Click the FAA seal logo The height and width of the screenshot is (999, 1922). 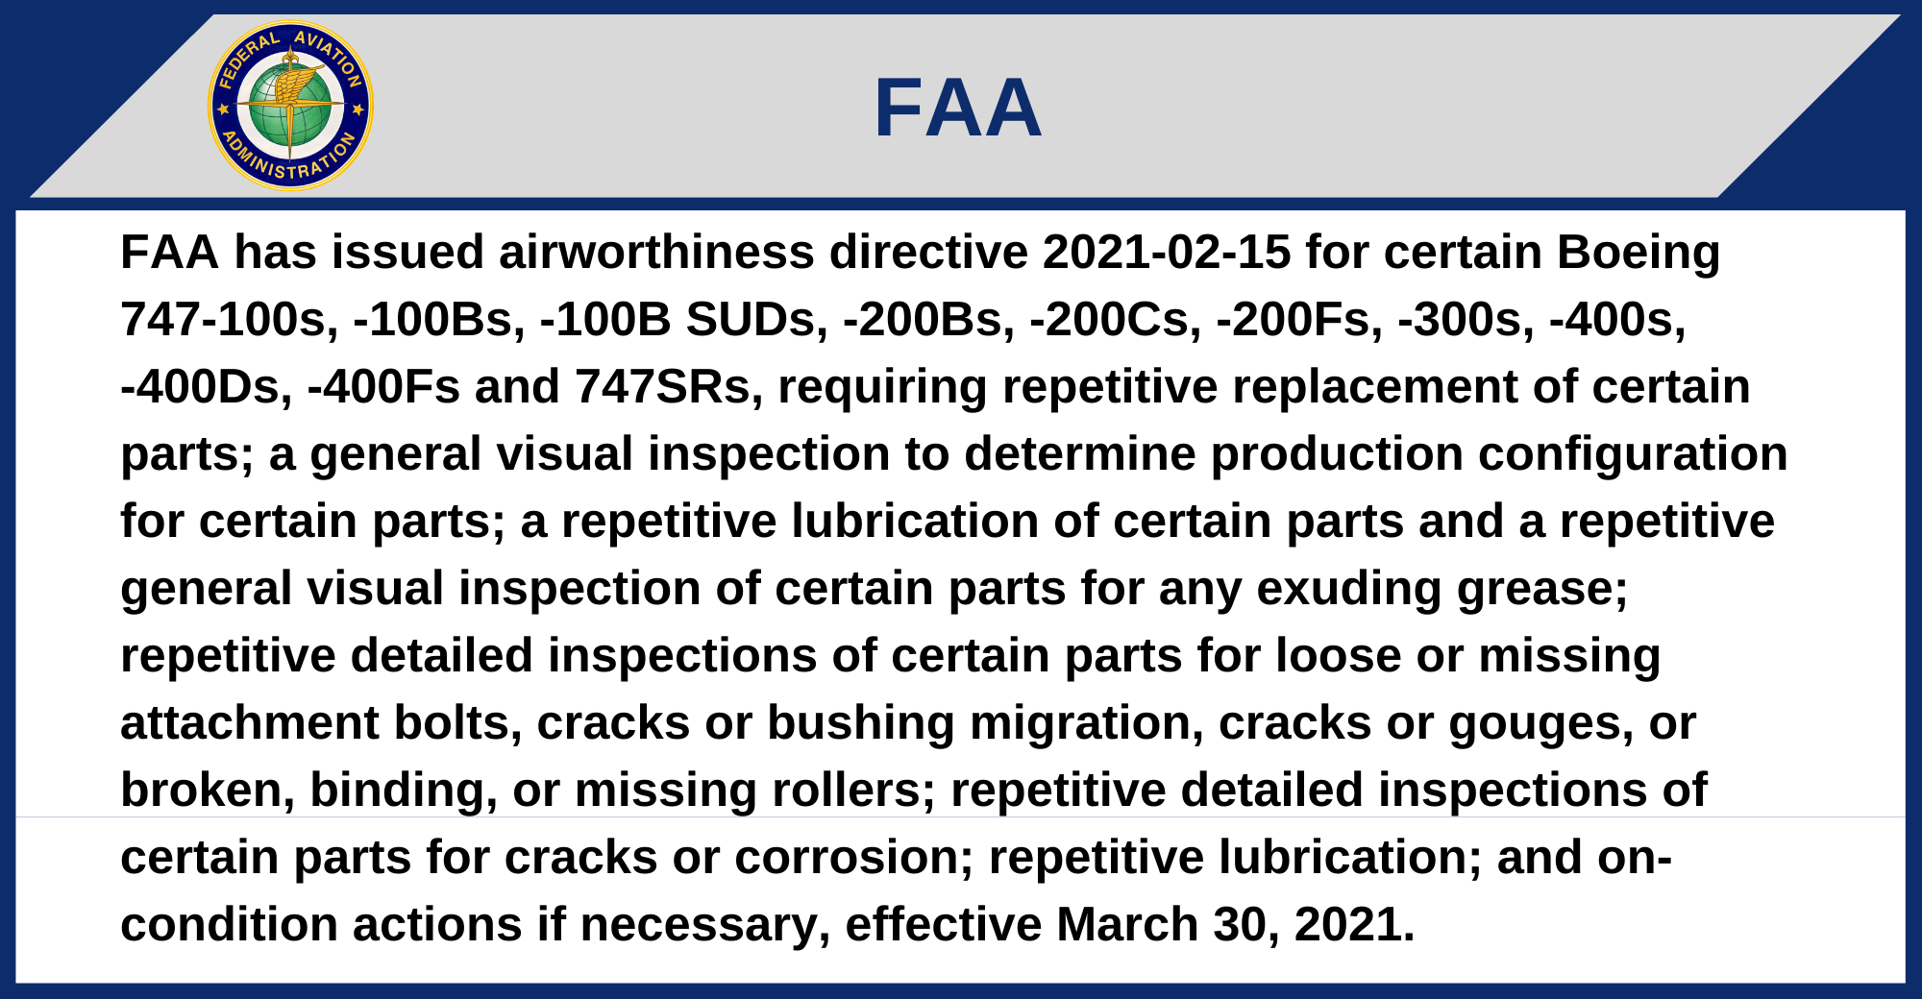(290, 106)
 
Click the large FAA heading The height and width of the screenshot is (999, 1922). (958, 109)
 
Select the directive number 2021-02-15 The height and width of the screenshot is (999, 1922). (1167, 253)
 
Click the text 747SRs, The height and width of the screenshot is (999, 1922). (669, 387)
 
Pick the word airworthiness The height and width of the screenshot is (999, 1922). (656, 253)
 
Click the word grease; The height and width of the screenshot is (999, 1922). (1542, 590)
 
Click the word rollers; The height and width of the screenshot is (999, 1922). (854, 791)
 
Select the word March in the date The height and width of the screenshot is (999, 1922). (1127, 925)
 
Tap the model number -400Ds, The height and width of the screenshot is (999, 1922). (207, 387)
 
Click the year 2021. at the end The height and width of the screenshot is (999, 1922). (1355, 925)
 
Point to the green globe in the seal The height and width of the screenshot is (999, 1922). (290, 106)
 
